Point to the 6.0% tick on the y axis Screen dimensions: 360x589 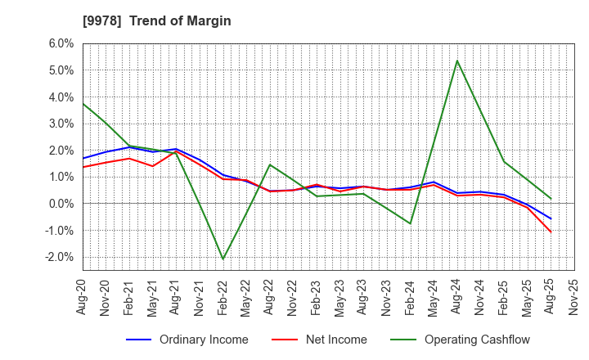pos(62,43)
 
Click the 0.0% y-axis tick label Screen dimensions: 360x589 pos(62,204)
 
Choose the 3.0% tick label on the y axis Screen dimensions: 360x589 pos(62,124)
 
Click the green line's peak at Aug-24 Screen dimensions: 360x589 pos(456,60)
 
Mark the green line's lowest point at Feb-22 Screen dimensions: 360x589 pos(223,259)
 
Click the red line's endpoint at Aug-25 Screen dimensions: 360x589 pos(551,232)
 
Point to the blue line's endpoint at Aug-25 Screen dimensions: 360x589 pos(551,219)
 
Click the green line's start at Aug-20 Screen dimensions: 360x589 pos(83,103)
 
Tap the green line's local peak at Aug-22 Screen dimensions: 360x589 pos(270,164)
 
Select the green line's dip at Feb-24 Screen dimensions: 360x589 pos(410,223)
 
